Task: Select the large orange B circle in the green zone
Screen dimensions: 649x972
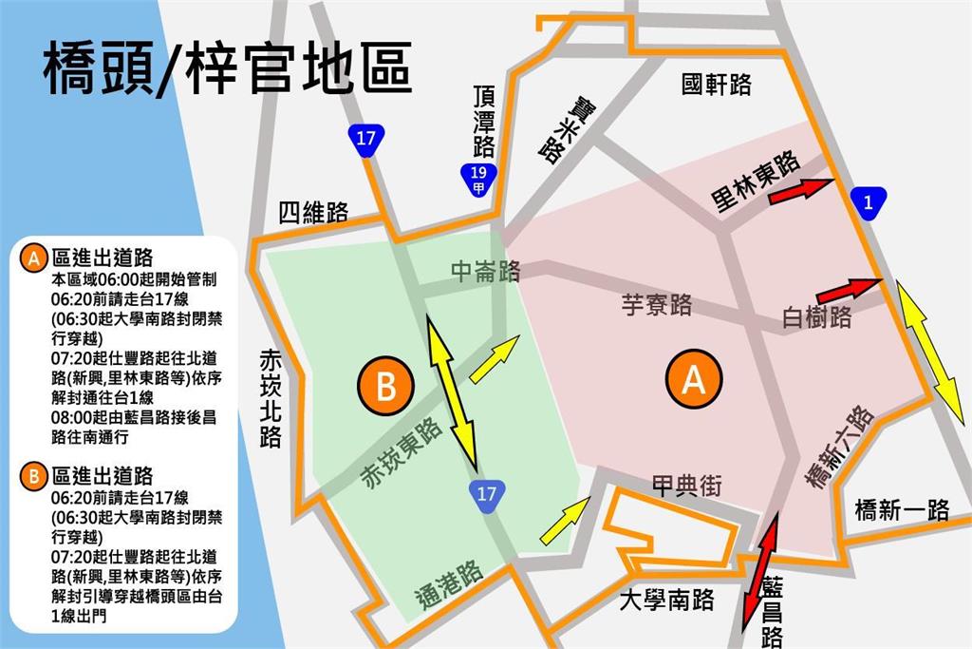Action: click(386, 387)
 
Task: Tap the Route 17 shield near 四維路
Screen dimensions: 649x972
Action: click(364, 139)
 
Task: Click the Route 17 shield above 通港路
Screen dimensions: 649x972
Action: click(486, 494)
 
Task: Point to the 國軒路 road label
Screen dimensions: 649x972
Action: click(717, 86)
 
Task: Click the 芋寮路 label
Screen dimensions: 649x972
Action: click(656, 305)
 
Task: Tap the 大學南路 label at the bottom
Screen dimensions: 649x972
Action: click(665, 601)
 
